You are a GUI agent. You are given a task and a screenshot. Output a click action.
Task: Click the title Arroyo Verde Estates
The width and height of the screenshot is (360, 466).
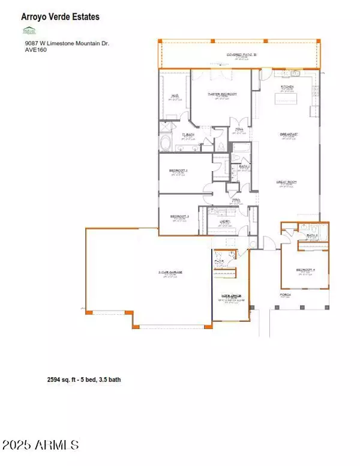click(61, 17)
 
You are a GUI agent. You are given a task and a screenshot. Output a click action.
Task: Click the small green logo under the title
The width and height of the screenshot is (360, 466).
click(28, 30)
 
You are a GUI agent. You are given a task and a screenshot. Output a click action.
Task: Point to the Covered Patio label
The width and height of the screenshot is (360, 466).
click(242, 55)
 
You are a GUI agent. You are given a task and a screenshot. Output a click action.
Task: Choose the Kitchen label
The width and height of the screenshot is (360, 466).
click(287, 88)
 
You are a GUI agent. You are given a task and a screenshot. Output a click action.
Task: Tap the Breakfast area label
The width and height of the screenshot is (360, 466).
click(289, 134)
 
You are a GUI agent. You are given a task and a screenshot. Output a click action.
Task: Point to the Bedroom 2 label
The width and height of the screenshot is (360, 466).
click(179, 171)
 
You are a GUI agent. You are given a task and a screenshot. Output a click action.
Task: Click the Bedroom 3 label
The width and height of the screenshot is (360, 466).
click(179, 216)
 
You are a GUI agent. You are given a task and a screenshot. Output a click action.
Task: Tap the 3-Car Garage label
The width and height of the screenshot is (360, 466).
click(170, 273)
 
